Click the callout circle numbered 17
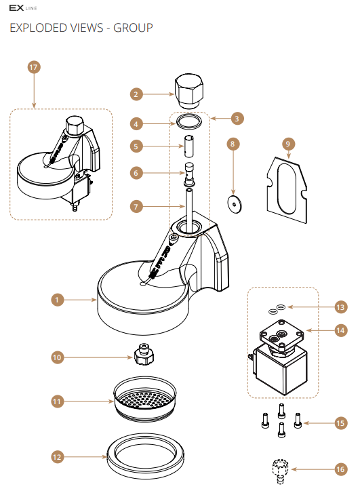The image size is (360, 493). click(x=34, y=67)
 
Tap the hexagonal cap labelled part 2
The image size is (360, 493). click(x=189, y=91)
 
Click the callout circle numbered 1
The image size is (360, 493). click(x=57, y=300)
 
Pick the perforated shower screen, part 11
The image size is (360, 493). click(x=145, y=399)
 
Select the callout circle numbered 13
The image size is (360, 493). click(x=340, y=307)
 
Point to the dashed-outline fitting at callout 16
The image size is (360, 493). click(x=280, y=471)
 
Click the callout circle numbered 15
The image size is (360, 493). click(x=340, y=423)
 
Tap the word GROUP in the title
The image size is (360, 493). click(x=133, y=28)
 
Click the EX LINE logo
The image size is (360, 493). click(x=23, y=8)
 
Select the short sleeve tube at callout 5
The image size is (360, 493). click(x=188, y=146)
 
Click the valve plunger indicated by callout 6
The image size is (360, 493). click(x=189, y=174)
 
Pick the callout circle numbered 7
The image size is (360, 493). click(x=136, y=207)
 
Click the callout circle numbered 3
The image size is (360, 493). click(x=237, y=119)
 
